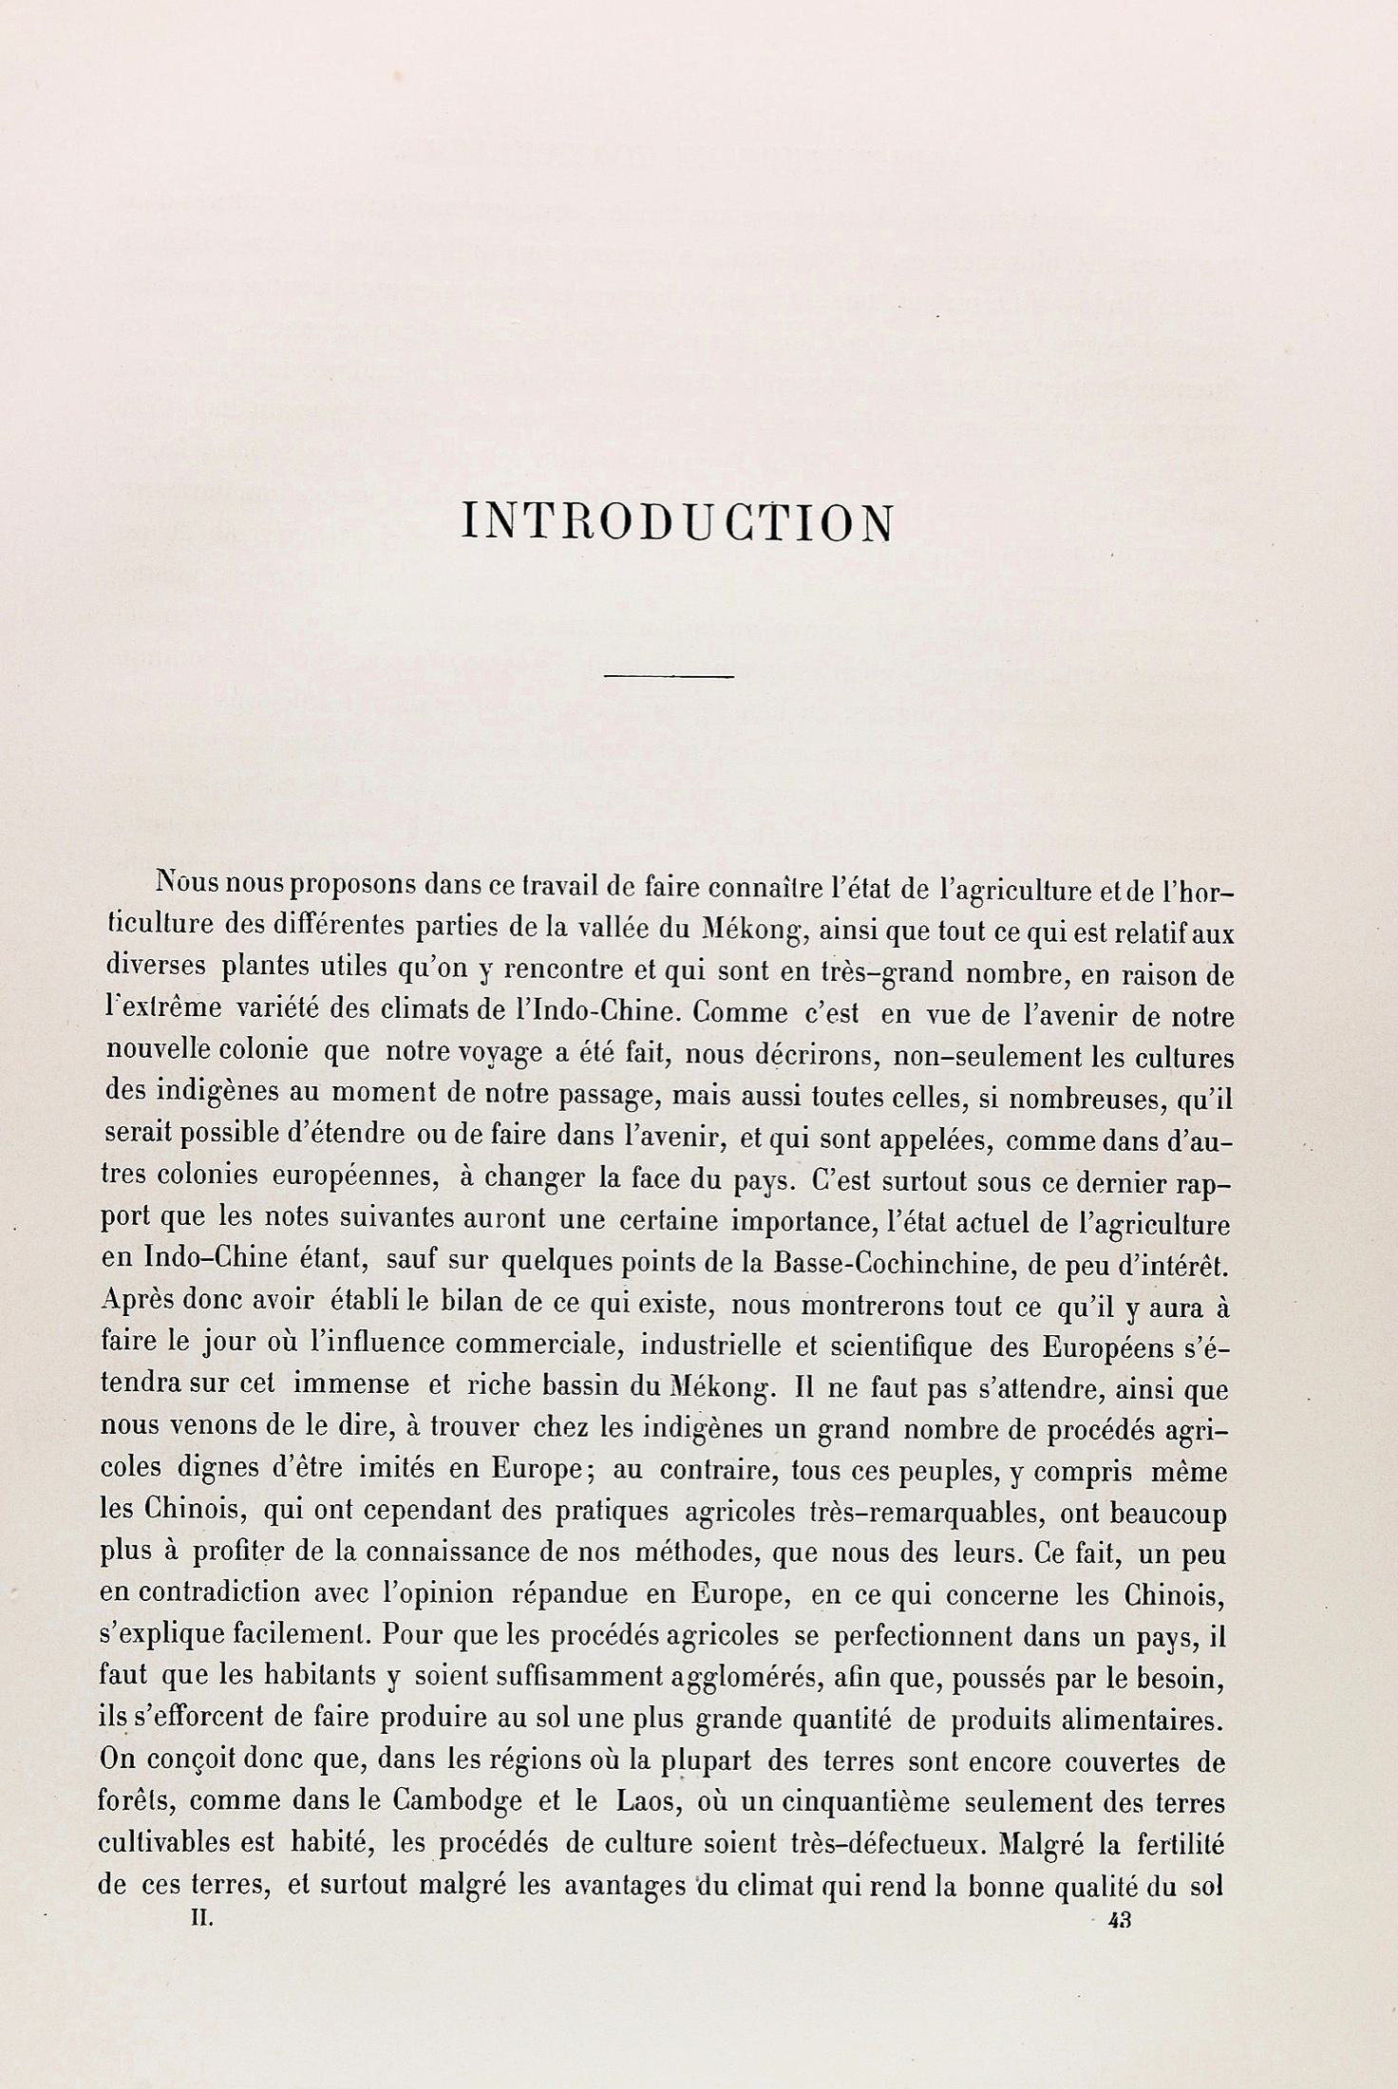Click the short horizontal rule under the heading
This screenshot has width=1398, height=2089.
tap(669, 676)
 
